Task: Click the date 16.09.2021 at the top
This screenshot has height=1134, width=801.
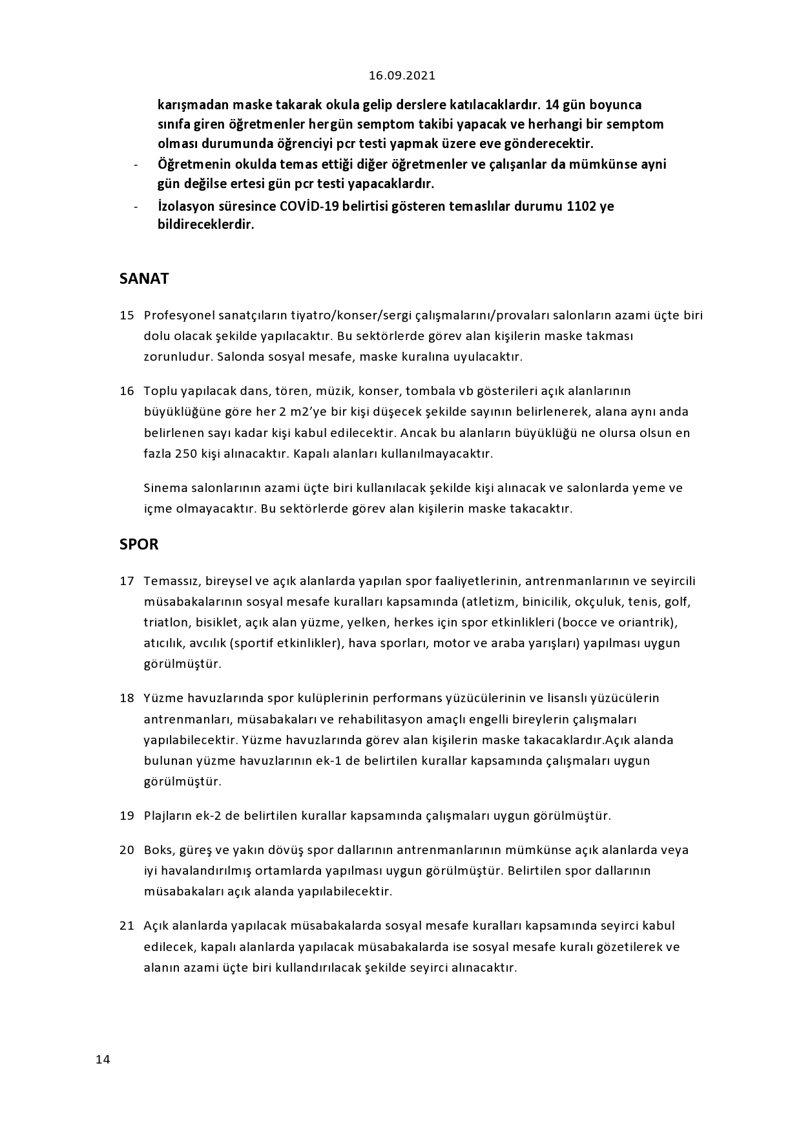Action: [x=402, y=76]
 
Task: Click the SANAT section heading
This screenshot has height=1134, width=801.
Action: [x=144, y=279]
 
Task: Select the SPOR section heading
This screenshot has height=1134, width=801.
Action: [x=139, y=544]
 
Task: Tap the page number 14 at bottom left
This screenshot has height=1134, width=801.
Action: [x=103, y=1060]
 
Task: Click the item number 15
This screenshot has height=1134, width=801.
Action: [x=127, y=316]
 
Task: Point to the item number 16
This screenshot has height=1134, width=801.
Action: [x=127, y=391]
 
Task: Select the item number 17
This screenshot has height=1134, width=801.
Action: [x=127, y=581]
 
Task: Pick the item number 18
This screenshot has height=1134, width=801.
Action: [x=127, y=698]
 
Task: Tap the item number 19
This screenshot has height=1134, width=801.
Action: [x=127, y=816]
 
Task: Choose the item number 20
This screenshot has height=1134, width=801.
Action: [x=127, y=850]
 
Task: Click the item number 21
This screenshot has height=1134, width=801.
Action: [x=127, y=926]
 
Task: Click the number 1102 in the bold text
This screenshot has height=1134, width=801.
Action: [x=581, y=207]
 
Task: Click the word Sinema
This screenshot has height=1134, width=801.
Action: [x=164, y=488]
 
